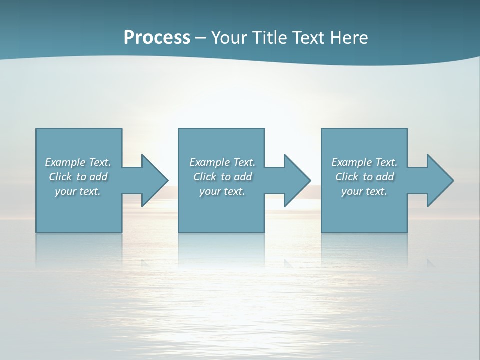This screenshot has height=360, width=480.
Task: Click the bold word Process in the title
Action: click(157, 38)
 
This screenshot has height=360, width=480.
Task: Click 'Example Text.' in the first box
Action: click(78, 162)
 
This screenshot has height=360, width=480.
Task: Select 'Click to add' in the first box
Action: click(78, 177)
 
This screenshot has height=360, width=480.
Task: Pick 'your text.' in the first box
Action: click(78, 191)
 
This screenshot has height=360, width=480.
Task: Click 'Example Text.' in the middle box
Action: click(222, 162)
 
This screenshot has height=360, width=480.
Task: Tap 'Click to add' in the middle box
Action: click(222, 177)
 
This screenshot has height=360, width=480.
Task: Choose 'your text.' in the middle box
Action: click(222, 191)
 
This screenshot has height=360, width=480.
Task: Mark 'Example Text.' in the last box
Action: click(364, 162)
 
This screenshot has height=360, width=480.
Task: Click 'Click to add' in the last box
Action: click(364, 177)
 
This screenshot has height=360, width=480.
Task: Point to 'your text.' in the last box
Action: click(364, 191)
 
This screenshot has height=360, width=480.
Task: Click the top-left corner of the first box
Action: click(36, 129)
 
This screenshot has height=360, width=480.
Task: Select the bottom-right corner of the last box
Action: click(407, 232)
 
